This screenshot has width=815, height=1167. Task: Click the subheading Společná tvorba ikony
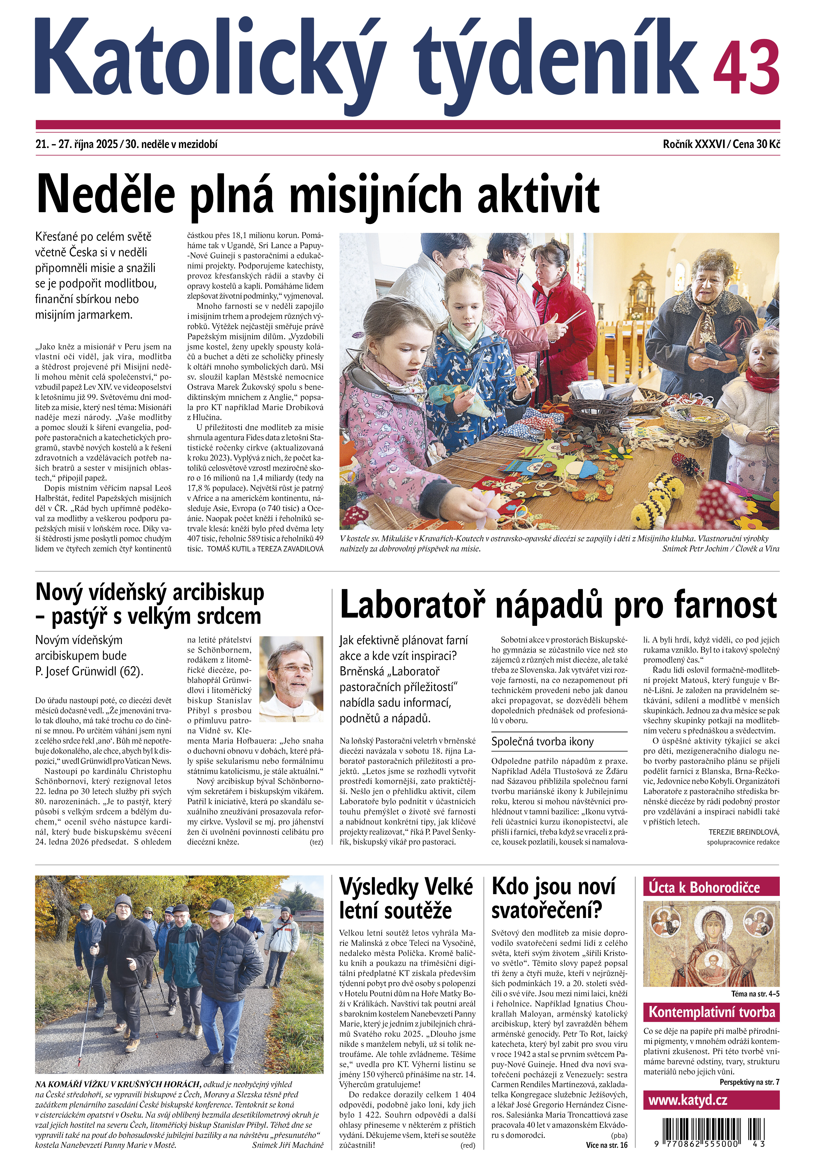pos(542,742)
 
